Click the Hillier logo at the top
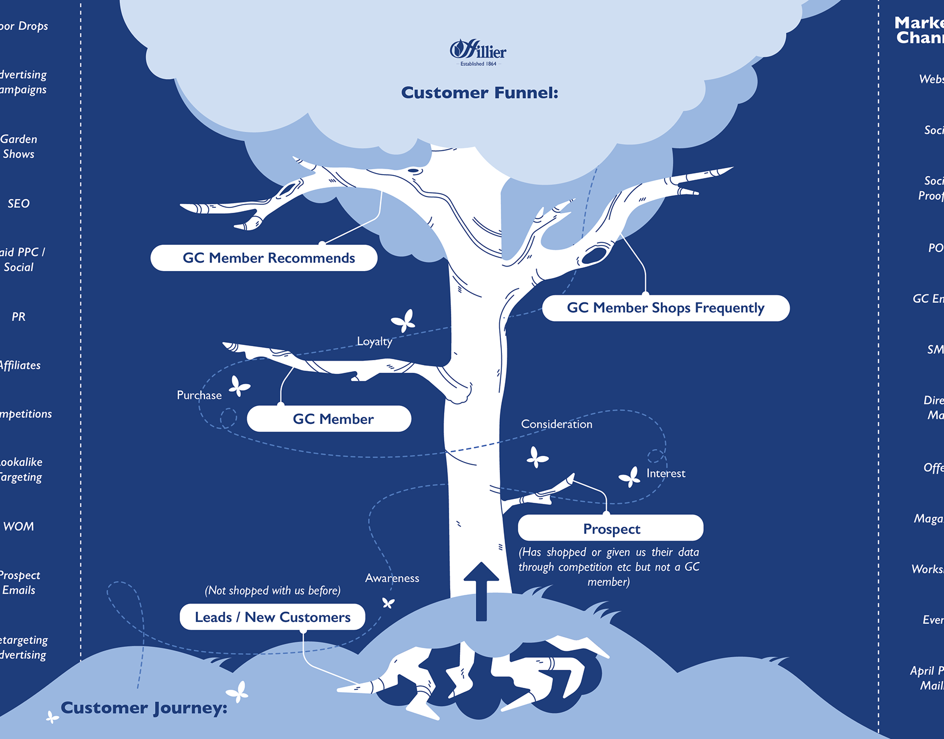coord(478,52)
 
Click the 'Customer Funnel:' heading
coord(480,93)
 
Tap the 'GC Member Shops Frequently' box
coord(666,308)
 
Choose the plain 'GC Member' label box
coord(329,419)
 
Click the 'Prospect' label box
coord(611,528)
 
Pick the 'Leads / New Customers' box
coord(272,617)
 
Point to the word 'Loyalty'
coord(374,342)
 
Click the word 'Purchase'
coord(199,396)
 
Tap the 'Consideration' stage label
coord(556,424)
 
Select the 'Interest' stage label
coord(666,473)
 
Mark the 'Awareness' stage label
coord(392,578)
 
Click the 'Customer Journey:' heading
coord(144,708)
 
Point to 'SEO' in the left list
coord(18,204)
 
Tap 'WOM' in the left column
coord(18,527)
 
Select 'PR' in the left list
coord(18,317)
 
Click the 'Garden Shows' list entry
coord(18,147)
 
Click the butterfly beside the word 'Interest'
coord(630,477)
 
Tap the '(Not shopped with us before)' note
coord(272,591)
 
